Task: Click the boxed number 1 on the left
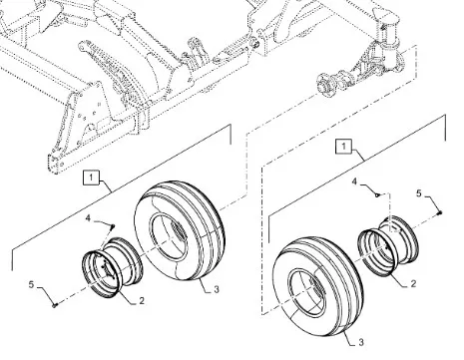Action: click(91, 178)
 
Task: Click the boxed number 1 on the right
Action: click(343, 146)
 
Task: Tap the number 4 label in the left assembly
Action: click(88, 218)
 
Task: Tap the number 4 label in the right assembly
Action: click(354, 181)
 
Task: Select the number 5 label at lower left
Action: click(31, 284)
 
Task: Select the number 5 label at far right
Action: click(419, 193)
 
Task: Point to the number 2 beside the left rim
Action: click(142, 301)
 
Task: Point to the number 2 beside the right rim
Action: click(413, 283)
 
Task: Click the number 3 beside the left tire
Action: click(217, 289)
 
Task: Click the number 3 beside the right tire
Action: click(361, 342)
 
